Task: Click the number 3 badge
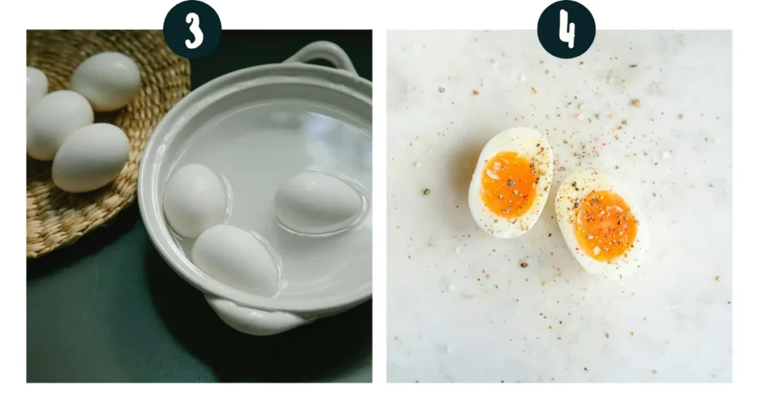click(x=192, y=29)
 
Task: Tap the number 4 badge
click(x=566, y=29)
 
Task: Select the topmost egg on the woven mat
click(x=105, y=81)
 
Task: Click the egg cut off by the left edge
click(x=36, y=87)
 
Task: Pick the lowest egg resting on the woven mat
click(x=91, y=158)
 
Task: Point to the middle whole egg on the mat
click(x=59, y=124)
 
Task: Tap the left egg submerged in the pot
click(x=195, y=200)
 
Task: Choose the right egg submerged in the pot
click(x=318, y=201)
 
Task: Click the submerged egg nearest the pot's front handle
click(x=236, y=260)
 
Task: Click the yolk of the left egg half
click(x=509, y=184)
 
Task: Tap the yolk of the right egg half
click(x=606, y=225)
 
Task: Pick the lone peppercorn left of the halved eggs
click(x=426, y=192)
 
